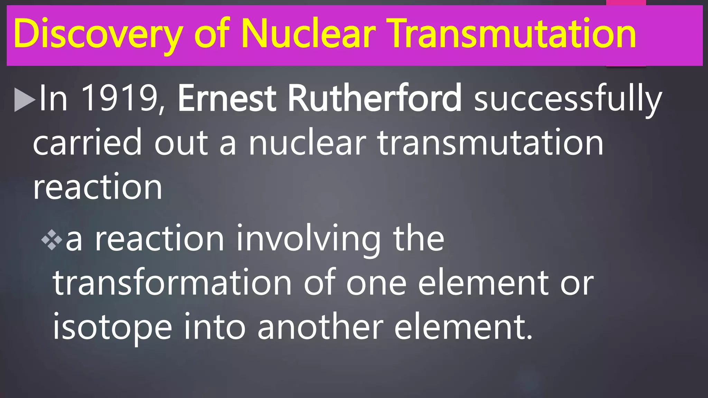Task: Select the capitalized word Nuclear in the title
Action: pyautogui.click(x=308, y=34)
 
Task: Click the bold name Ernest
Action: pyautogui.click(x=227, y=98)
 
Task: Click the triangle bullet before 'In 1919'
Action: pyautogui.click(x=25, y=100)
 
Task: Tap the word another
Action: pyautogui.click(x=320, y=327)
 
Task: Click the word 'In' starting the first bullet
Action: pyautogui.click(x=53, y=98)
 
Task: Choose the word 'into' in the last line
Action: pyautogui.click(x=214, y=327)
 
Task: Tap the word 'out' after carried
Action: pyautogui.click(x=181, y=143)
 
